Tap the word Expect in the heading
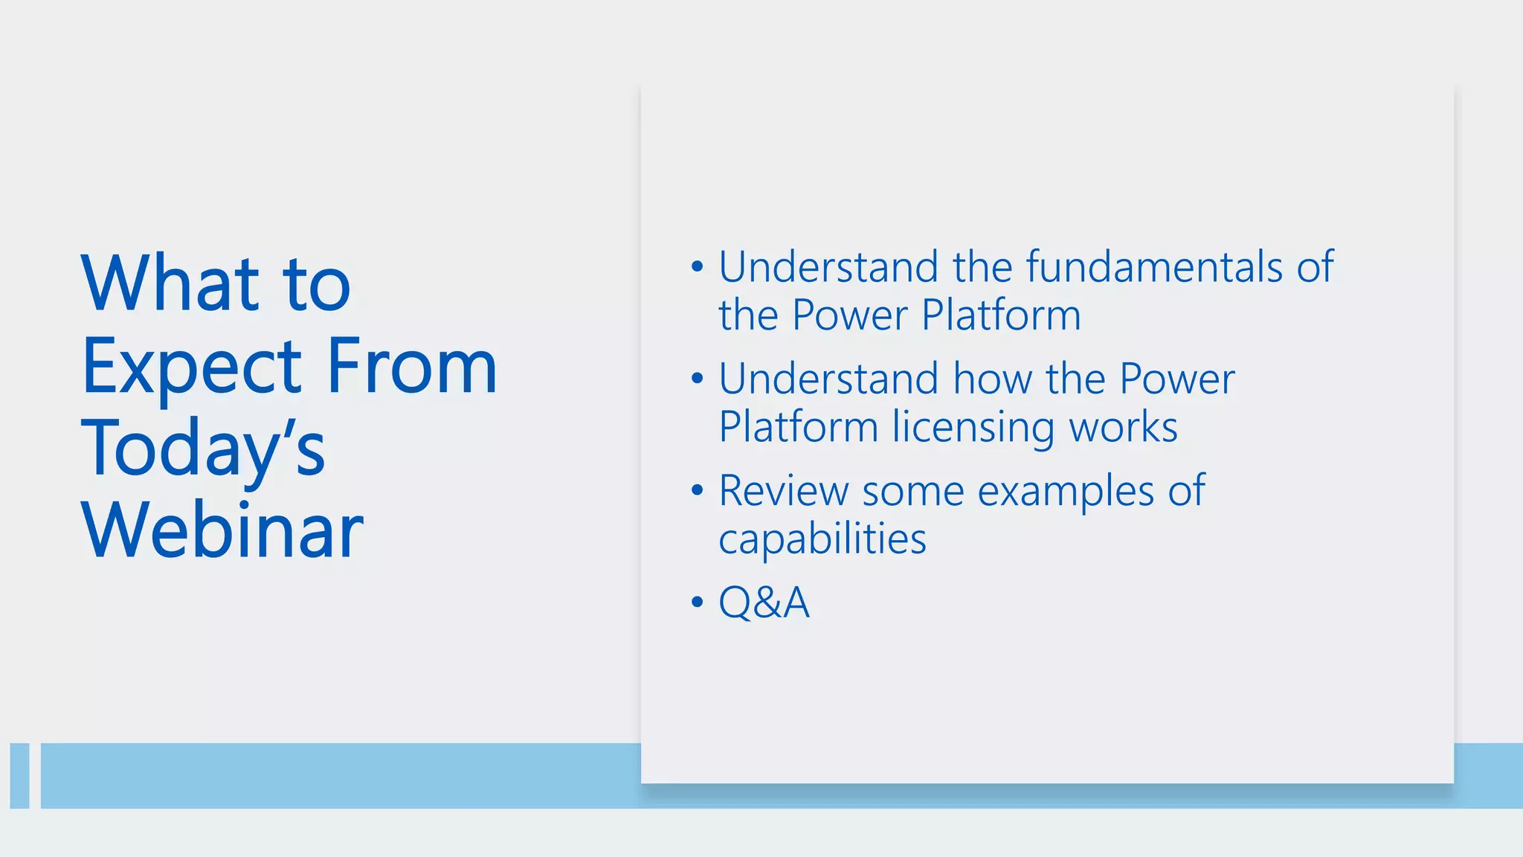pos(192,367)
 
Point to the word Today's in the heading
pos(203,449)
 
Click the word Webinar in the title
pos(222,530)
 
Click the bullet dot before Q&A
pos(697,601)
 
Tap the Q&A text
pos(764,602)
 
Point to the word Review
pos(783,491)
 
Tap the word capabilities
pos(822,539)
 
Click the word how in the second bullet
pos(992,379)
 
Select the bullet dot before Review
pos(697,490)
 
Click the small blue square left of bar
pos(19,775)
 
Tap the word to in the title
pos(316,285)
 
